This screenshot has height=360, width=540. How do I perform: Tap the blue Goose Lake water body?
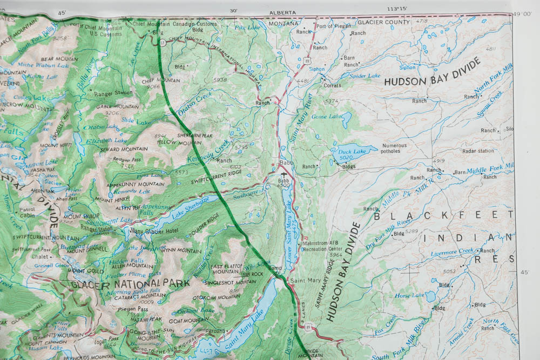point(346,119)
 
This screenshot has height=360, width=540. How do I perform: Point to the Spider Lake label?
point(365,76)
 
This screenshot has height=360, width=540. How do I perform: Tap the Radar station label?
point(478,151)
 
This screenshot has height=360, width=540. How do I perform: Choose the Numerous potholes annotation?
point(394,148)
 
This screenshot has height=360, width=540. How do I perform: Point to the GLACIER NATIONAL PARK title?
point(130,283)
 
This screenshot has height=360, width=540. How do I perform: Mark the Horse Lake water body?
point(430,296)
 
